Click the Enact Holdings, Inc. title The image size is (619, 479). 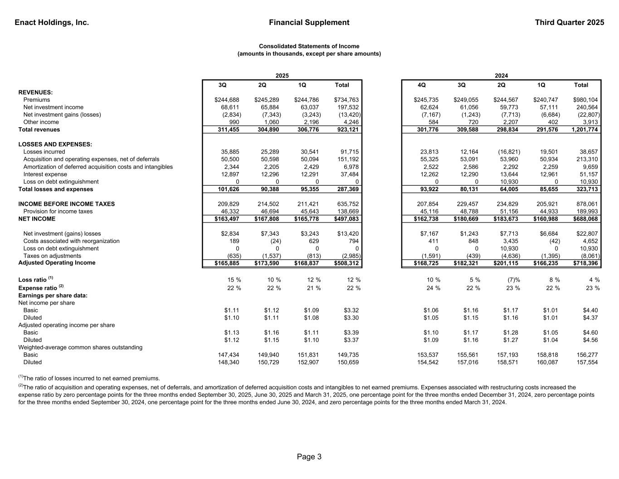coord(52,22)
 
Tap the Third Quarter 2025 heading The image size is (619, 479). coord(569,22)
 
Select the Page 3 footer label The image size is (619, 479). coord(309,457)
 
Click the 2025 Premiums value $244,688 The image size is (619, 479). coord(227,100)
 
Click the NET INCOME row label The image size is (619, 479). coord(37,219)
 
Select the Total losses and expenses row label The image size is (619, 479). coord(55,189)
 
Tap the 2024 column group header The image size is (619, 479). coord(501,76)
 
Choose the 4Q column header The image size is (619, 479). coord(421,85)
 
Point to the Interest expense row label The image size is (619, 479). coord(45,174)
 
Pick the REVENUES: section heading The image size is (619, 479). coord(35,92)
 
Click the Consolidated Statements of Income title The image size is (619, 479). coord(309,46)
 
